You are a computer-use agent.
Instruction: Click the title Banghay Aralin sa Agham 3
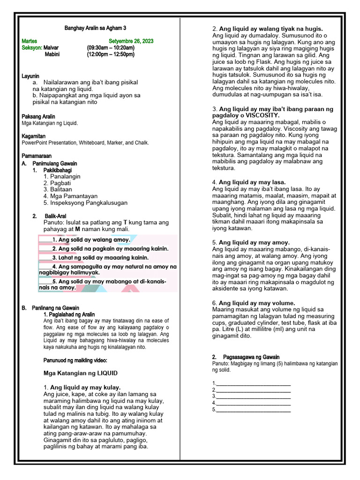(96, 28)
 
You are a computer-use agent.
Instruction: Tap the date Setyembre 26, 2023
(131, 41)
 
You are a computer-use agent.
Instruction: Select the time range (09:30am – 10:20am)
(111, 48)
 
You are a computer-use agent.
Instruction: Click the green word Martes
(30, 41)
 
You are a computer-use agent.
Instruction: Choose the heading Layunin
(30, 76)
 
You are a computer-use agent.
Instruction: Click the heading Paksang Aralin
(38, 116)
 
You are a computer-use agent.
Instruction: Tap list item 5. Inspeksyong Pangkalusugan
(85, 203)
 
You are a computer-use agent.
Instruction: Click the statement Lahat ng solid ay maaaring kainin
(100, 258)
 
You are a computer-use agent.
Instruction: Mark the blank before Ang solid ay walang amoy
(45, 240)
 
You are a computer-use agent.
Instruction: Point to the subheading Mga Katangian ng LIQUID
(80, 373)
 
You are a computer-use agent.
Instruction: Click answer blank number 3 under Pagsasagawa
(253, 397)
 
